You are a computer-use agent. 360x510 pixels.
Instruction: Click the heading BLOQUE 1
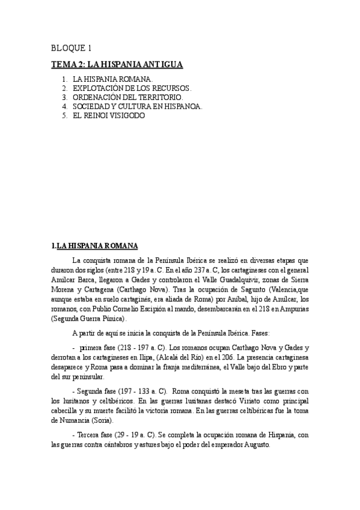[x=71, y=48]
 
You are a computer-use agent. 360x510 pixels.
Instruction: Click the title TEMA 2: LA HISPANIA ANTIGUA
[x=117, y=64]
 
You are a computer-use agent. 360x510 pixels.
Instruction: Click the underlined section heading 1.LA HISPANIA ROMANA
[x=94, y=245]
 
